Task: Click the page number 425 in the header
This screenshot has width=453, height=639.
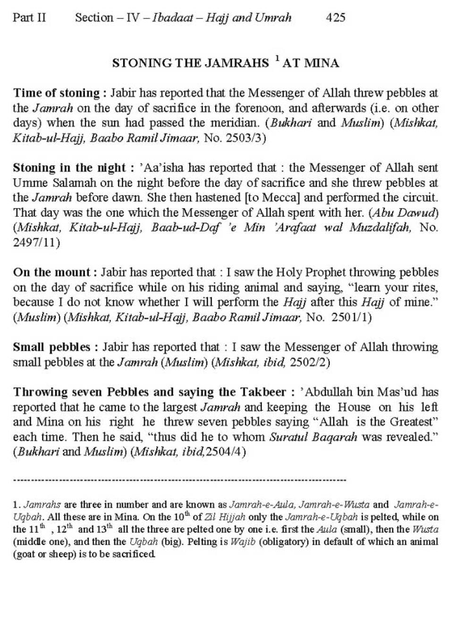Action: pyautogui.click(x=336, y=18)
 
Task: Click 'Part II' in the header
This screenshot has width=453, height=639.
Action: pyautogui.click(x=29, y=18)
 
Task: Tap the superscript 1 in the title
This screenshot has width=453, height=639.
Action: pyautogui.click(x=277, y=59)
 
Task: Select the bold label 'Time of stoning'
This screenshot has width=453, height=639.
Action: pyautogui.click(x=56, y=93)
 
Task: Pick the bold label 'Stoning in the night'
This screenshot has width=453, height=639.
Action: pyautogui.click(x=69, y=168)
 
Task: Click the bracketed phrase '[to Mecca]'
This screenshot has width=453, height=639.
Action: pyautogui.click(x=269, y=197)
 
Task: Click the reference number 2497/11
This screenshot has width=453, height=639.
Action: pyautogui.click(x=36, y=243)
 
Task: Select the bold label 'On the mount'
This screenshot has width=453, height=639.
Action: pyautogui.click(x=51, y=273)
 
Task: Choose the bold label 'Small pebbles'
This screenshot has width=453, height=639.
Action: pyautogui.click(x=51, y=347)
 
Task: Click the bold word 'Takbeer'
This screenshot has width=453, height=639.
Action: pyautogui.click(x=263, y=392)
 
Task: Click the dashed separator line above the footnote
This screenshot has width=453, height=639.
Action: pyautogui.click(x=179, y=480)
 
